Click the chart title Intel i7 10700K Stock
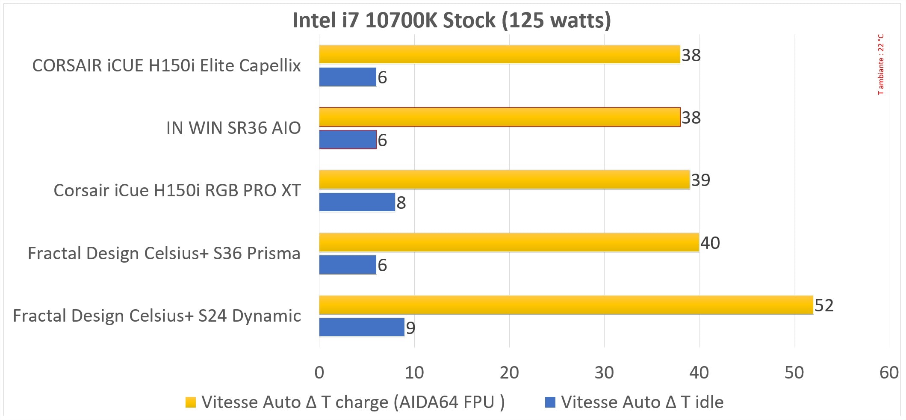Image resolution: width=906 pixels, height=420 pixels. coord(452,21)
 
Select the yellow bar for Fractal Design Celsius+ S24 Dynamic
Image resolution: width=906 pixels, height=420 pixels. coord(566,305)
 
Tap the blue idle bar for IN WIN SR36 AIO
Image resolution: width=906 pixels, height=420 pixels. coord(348,139)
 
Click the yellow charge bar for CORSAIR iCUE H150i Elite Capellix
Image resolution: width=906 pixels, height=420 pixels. coord(499,55)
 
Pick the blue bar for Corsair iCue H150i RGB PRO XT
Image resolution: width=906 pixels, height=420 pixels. coord(357,202)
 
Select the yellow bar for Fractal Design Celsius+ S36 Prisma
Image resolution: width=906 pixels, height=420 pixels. coord(509,243)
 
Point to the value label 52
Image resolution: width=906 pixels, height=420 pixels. coord(824,305)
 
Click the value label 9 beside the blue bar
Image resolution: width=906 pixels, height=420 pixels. coord(410,328)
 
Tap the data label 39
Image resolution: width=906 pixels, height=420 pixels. coord(700,180)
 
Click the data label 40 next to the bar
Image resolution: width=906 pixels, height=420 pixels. coord(710,243)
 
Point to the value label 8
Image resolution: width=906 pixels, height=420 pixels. coord(401,203)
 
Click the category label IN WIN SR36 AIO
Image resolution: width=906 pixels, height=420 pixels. coord(233,128)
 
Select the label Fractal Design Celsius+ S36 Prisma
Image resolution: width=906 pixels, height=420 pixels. coord(164,253)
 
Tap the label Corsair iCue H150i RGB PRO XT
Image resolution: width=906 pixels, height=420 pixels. coord(177,191)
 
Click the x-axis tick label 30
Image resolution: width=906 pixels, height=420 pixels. coord(604,373)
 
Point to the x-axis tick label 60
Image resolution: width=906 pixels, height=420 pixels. coord(888,373)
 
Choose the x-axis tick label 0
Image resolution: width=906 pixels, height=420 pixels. coord(319,373)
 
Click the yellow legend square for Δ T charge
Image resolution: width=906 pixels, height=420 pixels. coord(191,402)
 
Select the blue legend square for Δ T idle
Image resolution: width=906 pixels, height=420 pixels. coord(550,402)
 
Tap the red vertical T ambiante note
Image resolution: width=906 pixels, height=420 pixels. coord(881,64)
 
